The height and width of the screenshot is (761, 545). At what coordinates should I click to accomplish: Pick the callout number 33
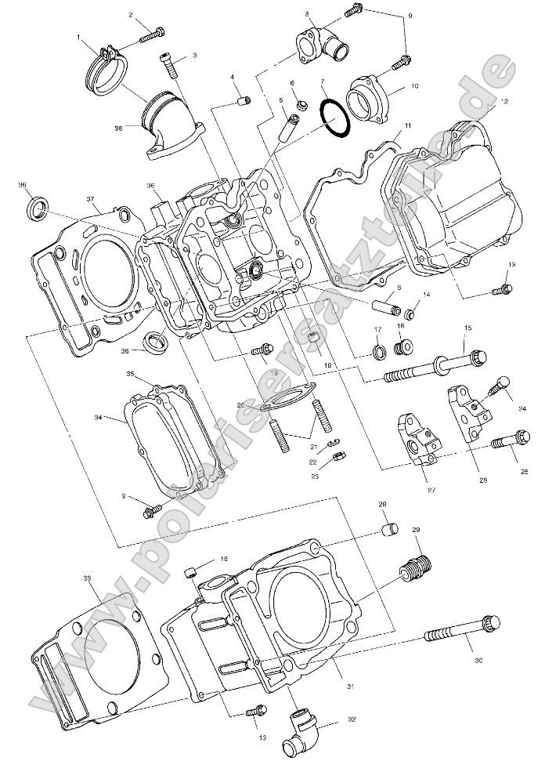coord(87,578)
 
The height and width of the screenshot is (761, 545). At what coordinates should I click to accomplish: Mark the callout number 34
coord(99,418)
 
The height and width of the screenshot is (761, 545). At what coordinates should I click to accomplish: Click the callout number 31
coord(351,687)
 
